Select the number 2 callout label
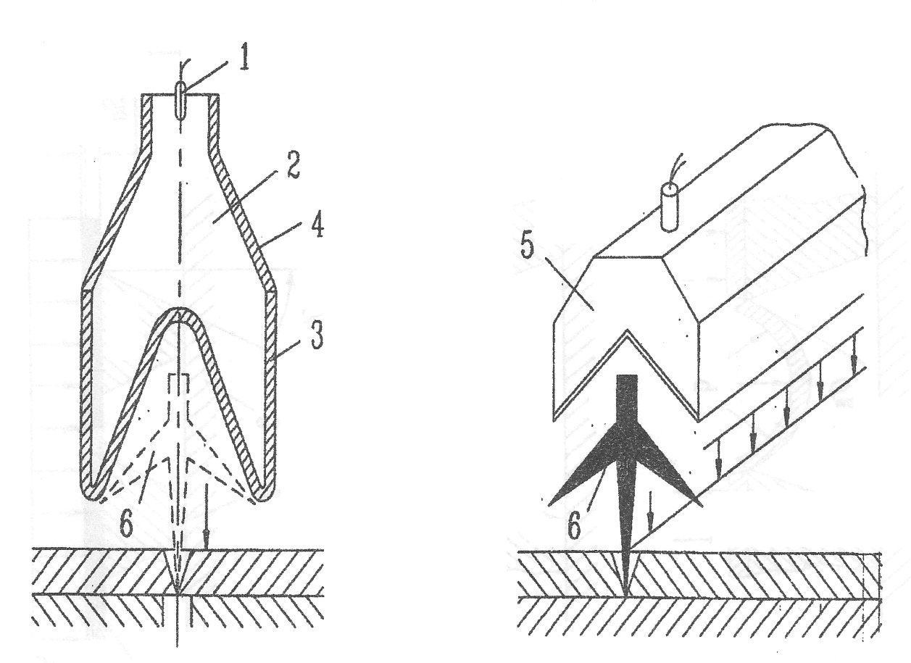pyautogui.click(x=292, y=165)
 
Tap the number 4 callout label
pyautogui.click(x=317, y=226)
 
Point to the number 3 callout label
pyautogui.click(x=317, y=335)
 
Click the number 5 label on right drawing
pyautogui.click(x=528, y=245)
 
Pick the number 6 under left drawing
pyautogui.click(x=126, y=524)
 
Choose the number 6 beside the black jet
pyautogui.click(x=573, y=528)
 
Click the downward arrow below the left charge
pyautogui.click(x=207, y=517)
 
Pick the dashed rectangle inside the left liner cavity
pyautogui.click(x=178, y=386)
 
